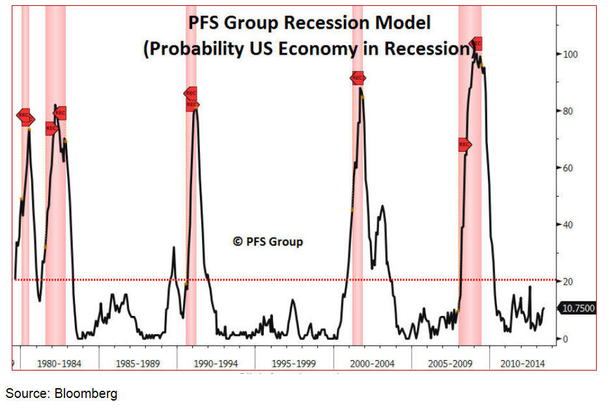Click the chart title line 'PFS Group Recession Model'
click(309, 23)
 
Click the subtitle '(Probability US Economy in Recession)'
click(308, 49)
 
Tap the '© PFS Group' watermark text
click(268, 242)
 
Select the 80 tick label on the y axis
click(569, 111)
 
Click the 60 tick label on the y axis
click(569, 168)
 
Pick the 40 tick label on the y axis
click(569, 225)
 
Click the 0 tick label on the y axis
click(566, 339)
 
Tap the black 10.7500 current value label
click(577, 308)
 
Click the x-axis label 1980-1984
click(60, 363)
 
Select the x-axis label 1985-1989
click(138, 363)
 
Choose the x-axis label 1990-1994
click(216, 363)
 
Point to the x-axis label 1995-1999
click(294, 363)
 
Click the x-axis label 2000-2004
click(373, 363)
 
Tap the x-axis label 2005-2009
click(450, 363)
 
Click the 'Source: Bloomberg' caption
click(62, 393)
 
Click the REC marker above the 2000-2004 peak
click(358, 78)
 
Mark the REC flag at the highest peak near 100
click(476, 44)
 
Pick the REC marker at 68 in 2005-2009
click(464, 145)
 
